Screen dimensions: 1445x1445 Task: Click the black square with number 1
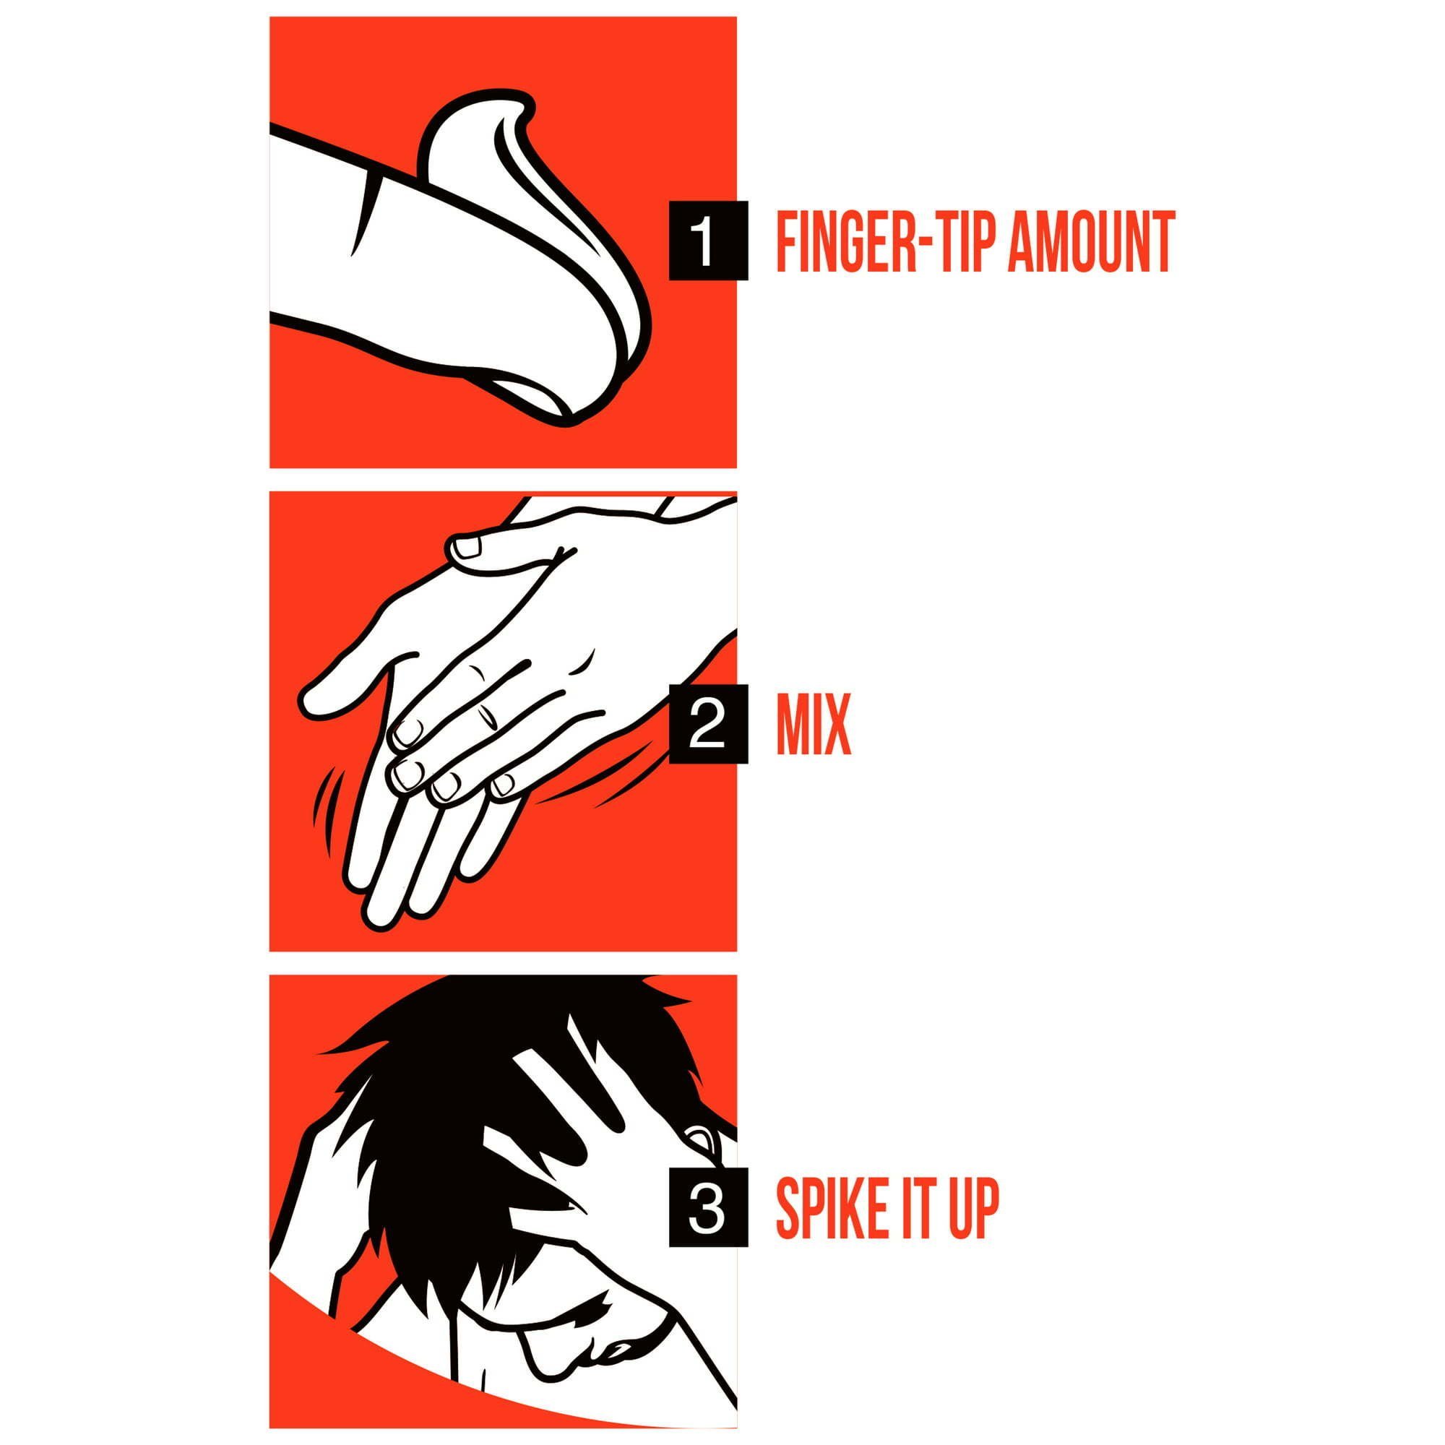707,240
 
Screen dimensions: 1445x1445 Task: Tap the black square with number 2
707,723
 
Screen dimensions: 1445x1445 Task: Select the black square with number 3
707,1207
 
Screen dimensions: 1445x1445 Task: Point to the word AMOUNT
1091,241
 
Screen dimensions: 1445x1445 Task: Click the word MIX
814,725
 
